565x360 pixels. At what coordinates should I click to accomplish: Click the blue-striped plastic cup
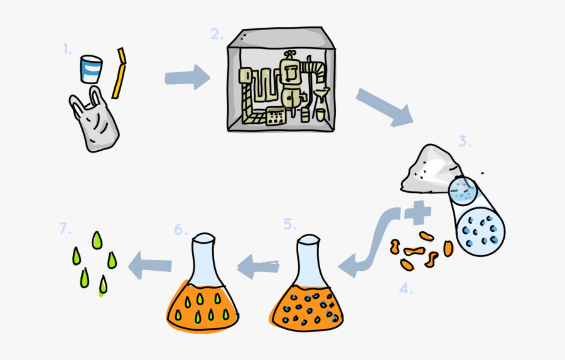click(x=92, y=69)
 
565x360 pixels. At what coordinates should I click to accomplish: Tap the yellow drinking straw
click(x=119, y=74)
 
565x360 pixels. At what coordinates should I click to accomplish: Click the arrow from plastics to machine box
click(x=187, y=79)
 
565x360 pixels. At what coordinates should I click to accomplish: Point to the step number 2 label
click(x=217, y=35)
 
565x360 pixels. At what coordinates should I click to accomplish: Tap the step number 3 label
click(x=464, y=142)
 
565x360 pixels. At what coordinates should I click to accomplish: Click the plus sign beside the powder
click(x=417, y=213)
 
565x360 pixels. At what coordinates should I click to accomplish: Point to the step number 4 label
click(x=407, y=288)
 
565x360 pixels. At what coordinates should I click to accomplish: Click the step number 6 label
click(x=181, y=229)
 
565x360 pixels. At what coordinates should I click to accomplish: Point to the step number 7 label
click(x=66, y=229)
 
